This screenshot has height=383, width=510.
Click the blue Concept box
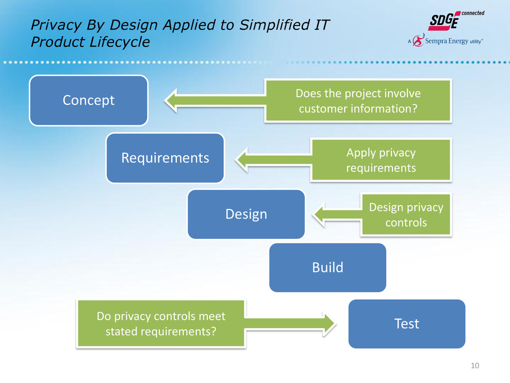point(89,100)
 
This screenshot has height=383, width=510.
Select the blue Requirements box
point(165,158)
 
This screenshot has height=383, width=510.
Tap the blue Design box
point(246,214)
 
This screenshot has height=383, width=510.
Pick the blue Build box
point(327,267)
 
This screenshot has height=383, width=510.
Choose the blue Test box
point(406,324)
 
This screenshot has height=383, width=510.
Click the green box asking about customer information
point(359,100)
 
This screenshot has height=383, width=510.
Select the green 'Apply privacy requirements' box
point(381,160)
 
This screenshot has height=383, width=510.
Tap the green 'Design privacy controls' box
point(406,214)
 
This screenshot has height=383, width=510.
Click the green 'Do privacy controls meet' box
point(160,323)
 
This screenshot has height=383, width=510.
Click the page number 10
point(475,367)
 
